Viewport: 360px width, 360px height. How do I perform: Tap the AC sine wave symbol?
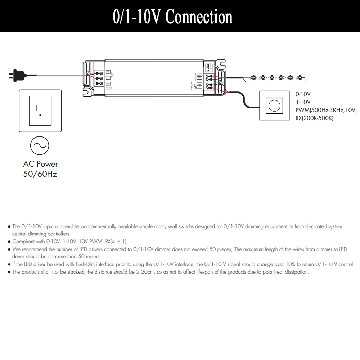[39, 145]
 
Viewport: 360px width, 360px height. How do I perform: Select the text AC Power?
[40, 164]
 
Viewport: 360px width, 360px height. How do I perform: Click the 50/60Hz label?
[40, 174]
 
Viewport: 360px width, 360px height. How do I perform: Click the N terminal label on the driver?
[108, 72]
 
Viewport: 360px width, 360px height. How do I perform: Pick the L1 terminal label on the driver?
[108, 84]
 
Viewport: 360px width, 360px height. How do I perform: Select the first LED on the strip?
[253, 77]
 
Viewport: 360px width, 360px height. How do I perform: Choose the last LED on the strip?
[300, 77]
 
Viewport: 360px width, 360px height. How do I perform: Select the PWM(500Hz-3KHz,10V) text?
[326, 110]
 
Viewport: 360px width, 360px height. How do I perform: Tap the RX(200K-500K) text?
[314, 118]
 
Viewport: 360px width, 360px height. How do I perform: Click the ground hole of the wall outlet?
[40, 115]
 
